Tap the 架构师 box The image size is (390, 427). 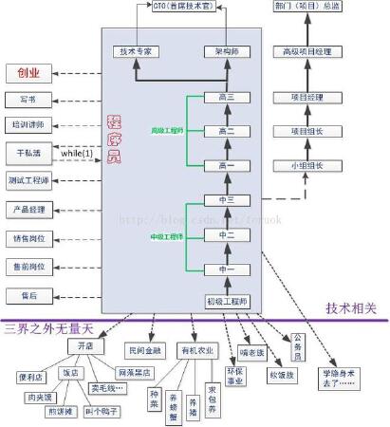(227, 50)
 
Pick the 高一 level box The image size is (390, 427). (227, 164)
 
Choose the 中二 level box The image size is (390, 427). (227, 233)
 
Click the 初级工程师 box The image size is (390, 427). (227, 301)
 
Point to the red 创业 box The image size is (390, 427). (28, 72)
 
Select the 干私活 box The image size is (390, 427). (28, 152)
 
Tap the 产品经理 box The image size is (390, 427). (28, 208)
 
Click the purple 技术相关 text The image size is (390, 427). (351, 308)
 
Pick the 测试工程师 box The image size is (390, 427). (28, 180)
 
